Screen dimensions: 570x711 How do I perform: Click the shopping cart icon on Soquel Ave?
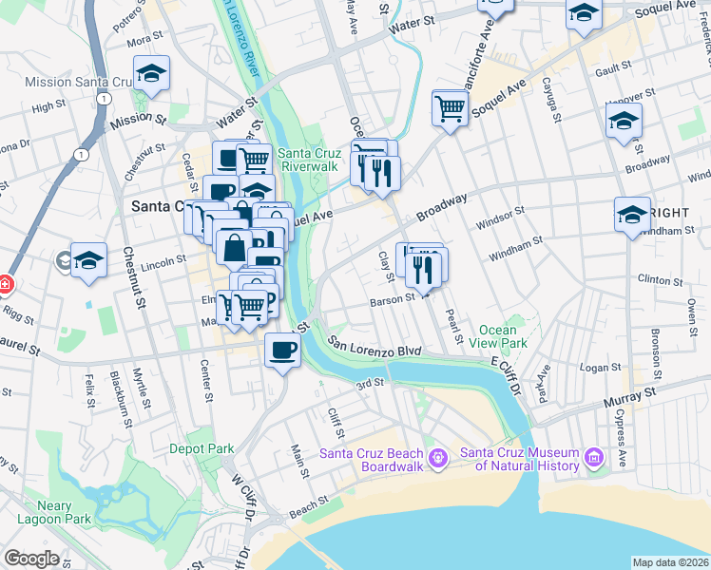[450, 107]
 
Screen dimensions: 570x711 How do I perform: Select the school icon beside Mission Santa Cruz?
[150, 73]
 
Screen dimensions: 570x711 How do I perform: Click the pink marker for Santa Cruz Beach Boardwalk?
[436, 458]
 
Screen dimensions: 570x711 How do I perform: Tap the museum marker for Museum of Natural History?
[595, 458]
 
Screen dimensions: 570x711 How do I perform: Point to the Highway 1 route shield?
[83, 154]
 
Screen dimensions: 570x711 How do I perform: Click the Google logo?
[31, 559]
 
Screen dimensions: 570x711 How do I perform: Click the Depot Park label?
[202, 448]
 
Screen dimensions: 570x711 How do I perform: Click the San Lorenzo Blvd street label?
[375, 346]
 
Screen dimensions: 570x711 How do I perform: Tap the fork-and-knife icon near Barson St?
[424, 269]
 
